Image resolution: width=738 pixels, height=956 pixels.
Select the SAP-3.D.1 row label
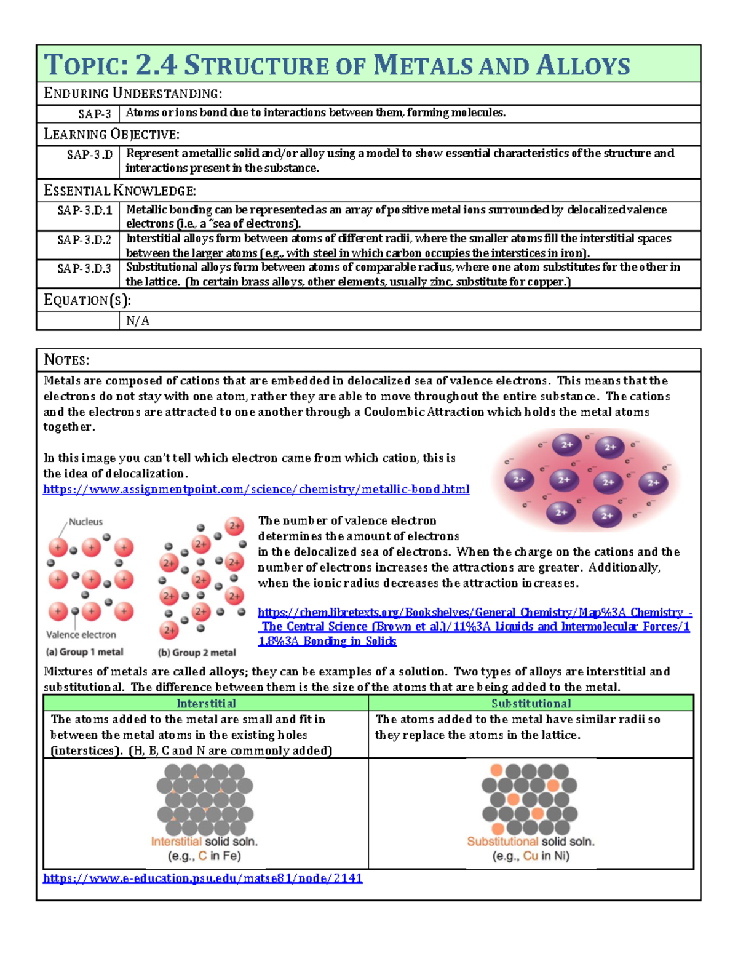(x=84, y=210)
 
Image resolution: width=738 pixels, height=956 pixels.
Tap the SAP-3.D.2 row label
(x=84, y=240)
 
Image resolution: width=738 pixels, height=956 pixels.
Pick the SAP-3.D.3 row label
(x=84, y=268)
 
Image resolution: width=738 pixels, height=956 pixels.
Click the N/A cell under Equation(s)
(x=138, y=321)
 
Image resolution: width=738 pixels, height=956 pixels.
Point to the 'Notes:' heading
(x=66, y=360)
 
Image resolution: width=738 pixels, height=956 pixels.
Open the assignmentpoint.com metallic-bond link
(x=256, y=490)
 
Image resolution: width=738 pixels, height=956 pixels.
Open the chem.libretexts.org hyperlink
(x=474, y=627)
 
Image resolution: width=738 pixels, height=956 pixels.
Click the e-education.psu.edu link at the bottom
(x=202, y=878)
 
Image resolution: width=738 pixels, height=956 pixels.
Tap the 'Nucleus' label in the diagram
(x=85, y=522)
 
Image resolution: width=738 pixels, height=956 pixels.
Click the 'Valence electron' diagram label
(x=81, y=634)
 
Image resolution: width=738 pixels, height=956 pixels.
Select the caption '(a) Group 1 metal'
(x=84, y=652)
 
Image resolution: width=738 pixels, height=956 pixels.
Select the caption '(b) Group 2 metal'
(x=197, y=653)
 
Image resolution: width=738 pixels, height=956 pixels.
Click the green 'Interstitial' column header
(x=206, y=704)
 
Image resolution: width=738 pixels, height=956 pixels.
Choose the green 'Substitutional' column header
(x=531, y=704)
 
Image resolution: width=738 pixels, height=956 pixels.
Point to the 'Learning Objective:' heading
(x=111, y=134)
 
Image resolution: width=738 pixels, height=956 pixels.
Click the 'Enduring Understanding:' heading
(x=133, y=94)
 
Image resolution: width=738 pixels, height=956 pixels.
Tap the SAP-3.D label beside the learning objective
(x=90, y=155)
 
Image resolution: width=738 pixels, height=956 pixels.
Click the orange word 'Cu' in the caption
(x=530, y=856)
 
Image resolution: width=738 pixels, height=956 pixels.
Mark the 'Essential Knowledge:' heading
(x=120, y=191)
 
